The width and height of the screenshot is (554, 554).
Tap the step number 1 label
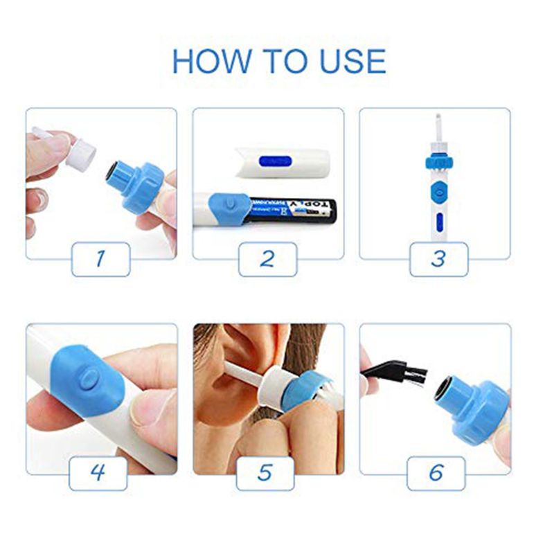click(100, 259)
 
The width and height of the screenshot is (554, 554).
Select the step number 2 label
click(267, 259)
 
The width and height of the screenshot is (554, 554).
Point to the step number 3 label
click(438, 259)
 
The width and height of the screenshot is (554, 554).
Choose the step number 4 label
click(98, 474)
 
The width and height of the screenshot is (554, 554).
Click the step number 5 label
click(265, 474)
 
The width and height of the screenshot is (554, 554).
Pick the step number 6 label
click(436, 474)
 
